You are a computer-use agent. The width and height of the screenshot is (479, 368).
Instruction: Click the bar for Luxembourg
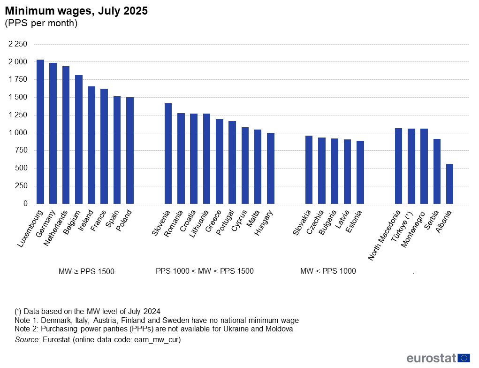[40, 132]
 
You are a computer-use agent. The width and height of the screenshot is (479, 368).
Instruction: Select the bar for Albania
[449, 184]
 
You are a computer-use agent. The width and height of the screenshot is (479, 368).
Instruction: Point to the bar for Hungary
[270, 169]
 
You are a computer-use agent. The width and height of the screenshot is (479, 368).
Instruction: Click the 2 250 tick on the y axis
[18, 44]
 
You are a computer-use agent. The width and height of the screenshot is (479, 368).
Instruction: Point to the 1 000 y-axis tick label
[18, 133]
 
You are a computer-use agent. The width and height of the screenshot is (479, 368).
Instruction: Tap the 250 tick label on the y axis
[22, 186]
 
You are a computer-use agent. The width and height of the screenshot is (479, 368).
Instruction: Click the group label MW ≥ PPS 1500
[86, 271]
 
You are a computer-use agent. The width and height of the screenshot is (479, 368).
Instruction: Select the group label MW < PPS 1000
[328, 271]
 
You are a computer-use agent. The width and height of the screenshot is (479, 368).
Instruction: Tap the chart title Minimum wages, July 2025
[76, 11]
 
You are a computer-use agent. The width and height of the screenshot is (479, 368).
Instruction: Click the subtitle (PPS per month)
[41, 23]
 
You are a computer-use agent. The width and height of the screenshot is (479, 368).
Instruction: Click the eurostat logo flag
[464, 358]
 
